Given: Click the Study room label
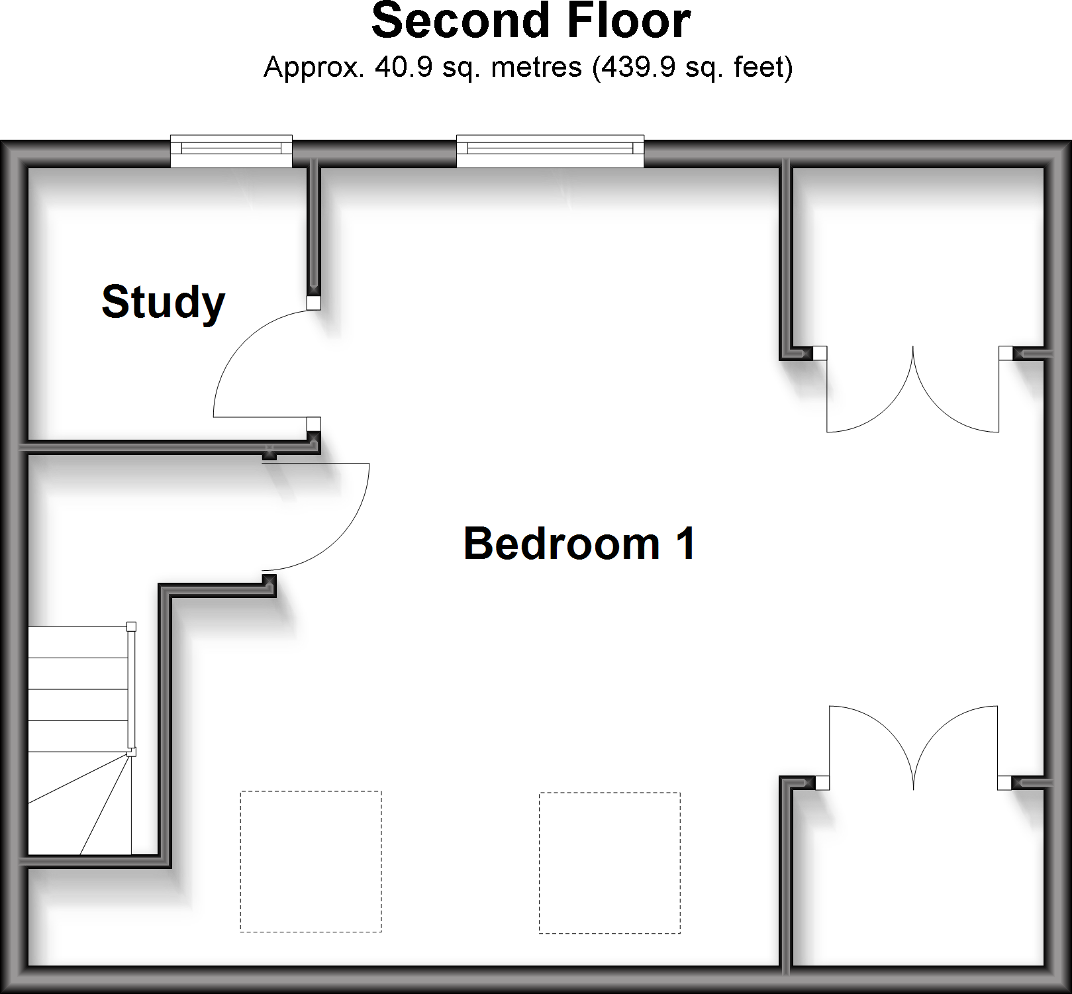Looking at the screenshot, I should pyautogui.click(x=163, y=303).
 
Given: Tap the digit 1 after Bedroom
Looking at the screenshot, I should pyautogui.click(x=685, y=544).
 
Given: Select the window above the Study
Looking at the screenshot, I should pyautogui.click(x=231, y=152).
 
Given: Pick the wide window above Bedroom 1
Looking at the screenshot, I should pyautogui.click(x=550, y=152).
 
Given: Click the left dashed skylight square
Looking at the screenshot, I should pyautogui.click(x=311, y=862).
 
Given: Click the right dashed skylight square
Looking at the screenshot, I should pyautogui.click(x=609, y=862).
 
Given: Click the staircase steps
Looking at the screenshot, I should pyautogui.click(x=78, y=689).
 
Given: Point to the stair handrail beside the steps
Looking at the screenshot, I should pyautogui.click(x=131, y=689).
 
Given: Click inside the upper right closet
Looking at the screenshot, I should pyautogui.click(x=917, y=258).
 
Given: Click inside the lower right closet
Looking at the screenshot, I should pyautogui.click(x=917, y=881).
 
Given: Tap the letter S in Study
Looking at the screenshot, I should pyautogui.click(x=115, y=303).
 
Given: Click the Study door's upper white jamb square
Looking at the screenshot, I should pyautogui.click(x=313, y=303).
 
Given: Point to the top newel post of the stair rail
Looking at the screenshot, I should pyautogui.click(x=131, y=626).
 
